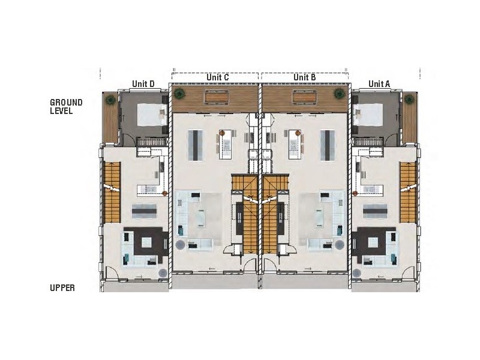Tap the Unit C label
click(x=217, y=77)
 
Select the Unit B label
click(x=304, y=77)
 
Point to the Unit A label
click(x=379, y=83)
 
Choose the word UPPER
click(x=62, y=288)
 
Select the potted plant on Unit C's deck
click(x=179, y=92)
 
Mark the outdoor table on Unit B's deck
click(x=305, y=97)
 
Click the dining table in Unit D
click(x=144, y=210)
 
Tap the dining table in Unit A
click(x=377, y=210)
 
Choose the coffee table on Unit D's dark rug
click(x=147, y=244)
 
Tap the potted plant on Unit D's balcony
click(x=110, y=99)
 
